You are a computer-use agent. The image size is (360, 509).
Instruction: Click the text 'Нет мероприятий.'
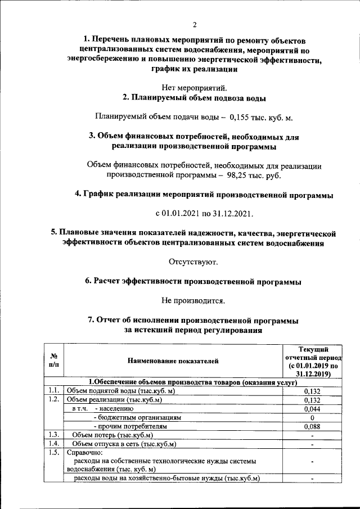point(195,87)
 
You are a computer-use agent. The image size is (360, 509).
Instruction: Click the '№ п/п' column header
point(55,360)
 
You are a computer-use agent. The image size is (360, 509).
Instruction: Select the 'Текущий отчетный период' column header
point(312,360)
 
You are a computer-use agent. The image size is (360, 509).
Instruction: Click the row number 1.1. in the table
point(54,390)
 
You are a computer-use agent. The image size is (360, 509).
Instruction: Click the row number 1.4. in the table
point(54,444)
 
